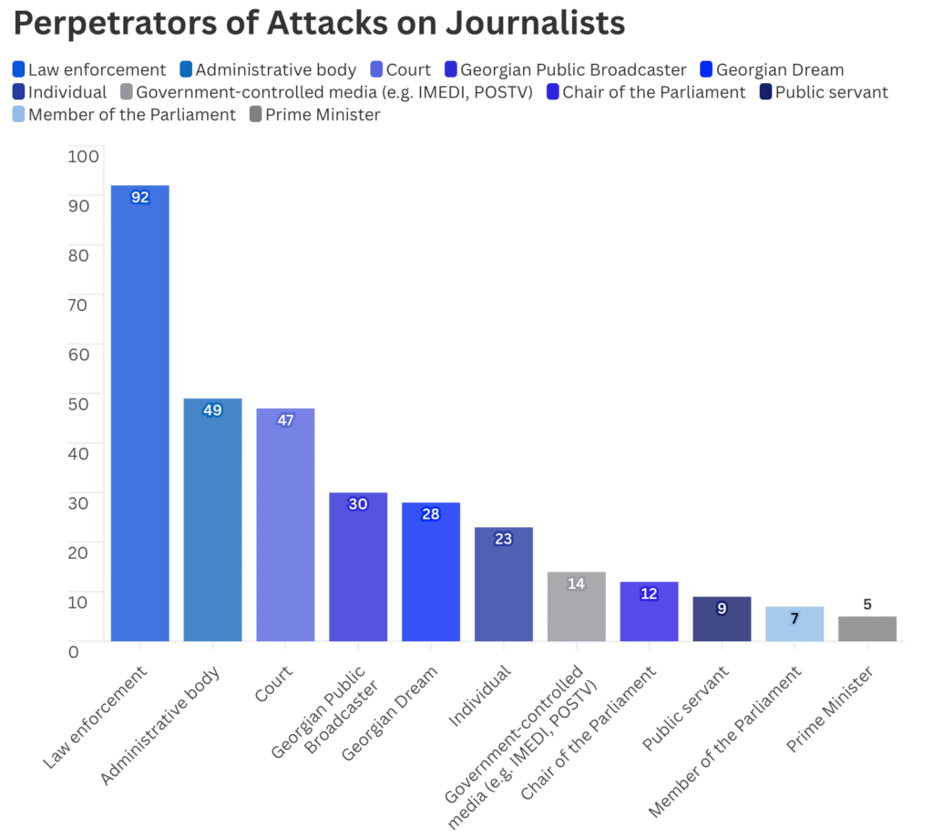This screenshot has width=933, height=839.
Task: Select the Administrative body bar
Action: (212, 519)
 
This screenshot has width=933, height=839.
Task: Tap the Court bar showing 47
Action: (285, 524)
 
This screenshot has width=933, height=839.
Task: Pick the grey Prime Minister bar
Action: (867, 628)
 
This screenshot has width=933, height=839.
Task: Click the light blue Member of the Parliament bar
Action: (795, 624)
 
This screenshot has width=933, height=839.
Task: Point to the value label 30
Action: (358, 504)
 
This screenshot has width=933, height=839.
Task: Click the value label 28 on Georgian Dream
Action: (431, 514)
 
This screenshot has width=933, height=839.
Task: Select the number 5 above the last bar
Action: (867, 605)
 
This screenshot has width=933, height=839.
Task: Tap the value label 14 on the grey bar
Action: (576, 584)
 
